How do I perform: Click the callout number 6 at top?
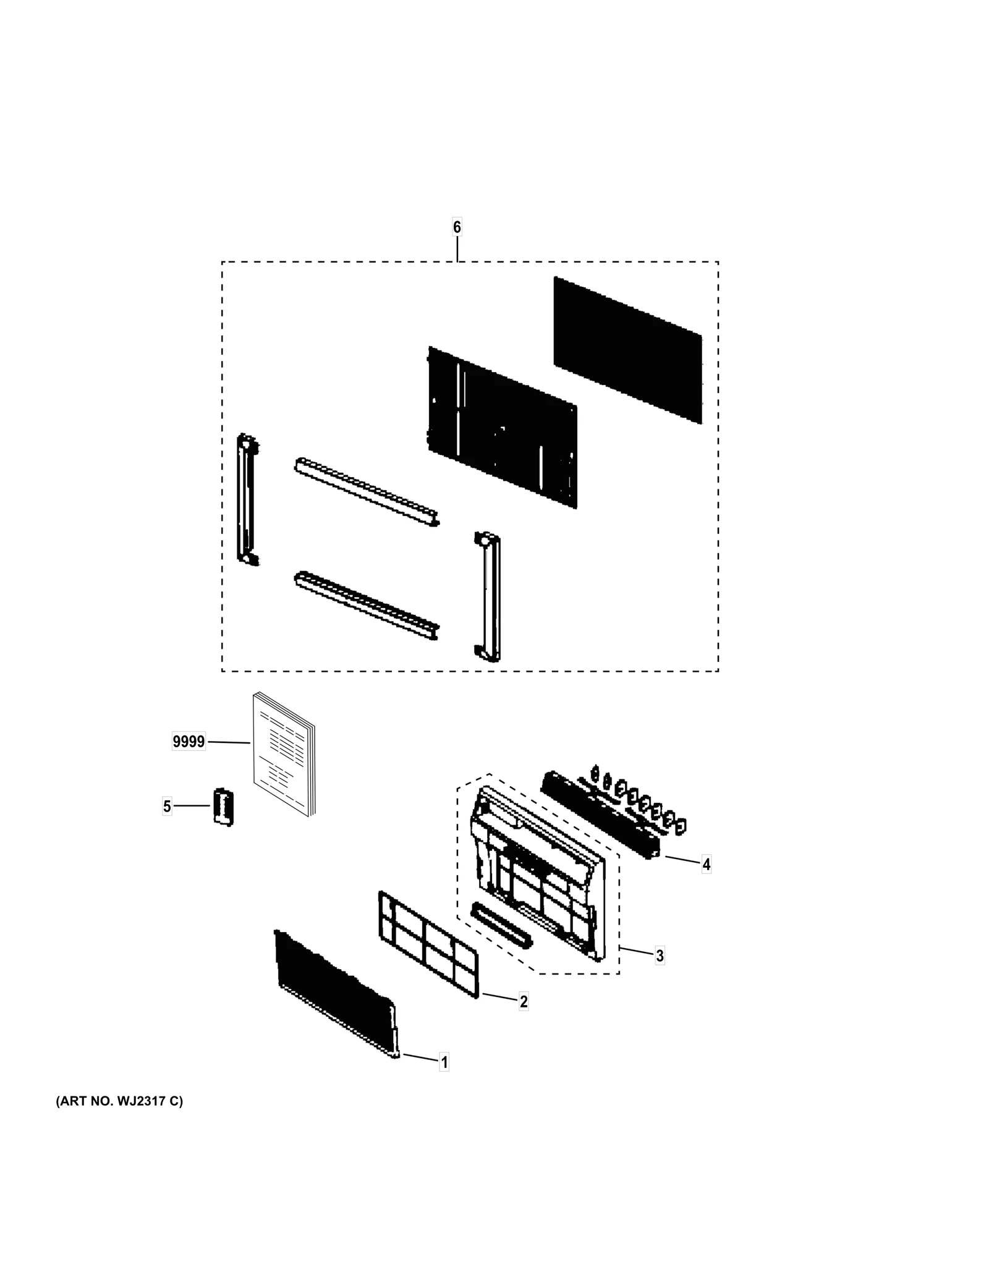coord(457,227)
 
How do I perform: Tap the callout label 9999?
coord(189,741)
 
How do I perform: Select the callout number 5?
coord(167,806)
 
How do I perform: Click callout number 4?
coord(706,864)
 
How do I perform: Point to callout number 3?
coord(660,955)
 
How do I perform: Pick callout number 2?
coord(524,1001)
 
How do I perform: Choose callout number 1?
coord(444,1062)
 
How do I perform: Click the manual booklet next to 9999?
coord(283,753)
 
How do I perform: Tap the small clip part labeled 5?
coord(223,806)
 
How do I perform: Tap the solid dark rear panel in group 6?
coord(627,349)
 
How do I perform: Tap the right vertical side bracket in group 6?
coord(488,596)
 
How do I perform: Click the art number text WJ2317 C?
coord(119,1101)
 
